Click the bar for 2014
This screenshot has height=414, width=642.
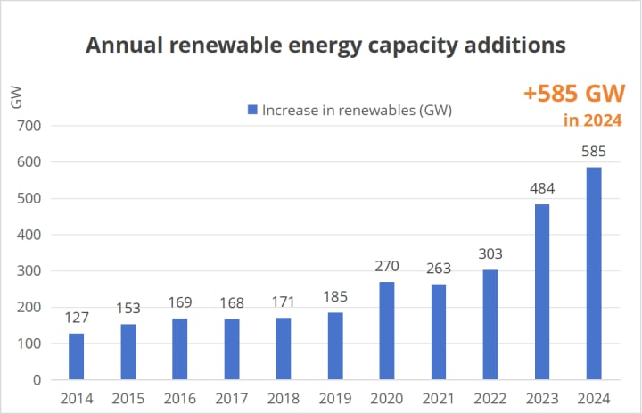[x=76, y=356]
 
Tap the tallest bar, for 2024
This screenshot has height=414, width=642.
[x=593, y=273]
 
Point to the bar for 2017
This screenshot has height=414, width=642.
[x=231, y=349]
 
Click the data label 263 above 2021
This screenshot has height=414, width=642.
[x=438, y=268]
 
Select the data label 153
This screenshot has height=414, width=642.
[x=128, y=308]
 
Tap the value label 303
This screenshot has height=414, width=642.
[x=490, y=253]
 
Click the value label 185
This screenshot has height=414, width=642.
[x=334, y=296]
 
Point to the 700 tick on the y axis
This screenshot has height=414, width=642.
[x=29, y=126]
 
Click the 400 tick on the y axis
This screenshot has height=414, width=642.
[x=29, y=235]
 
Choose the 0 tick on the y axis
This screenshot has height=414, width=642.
[x=36, y=380]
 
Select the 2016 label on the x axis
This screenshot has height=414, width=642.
[x=179, y=398]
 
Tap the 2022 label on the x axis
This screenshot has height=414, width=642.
[x=490, y=398]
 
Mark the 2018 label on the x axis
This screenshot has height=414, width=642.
[x=283, y=398]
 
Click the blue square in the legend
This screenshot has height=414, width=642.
[x=252, y=110]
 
